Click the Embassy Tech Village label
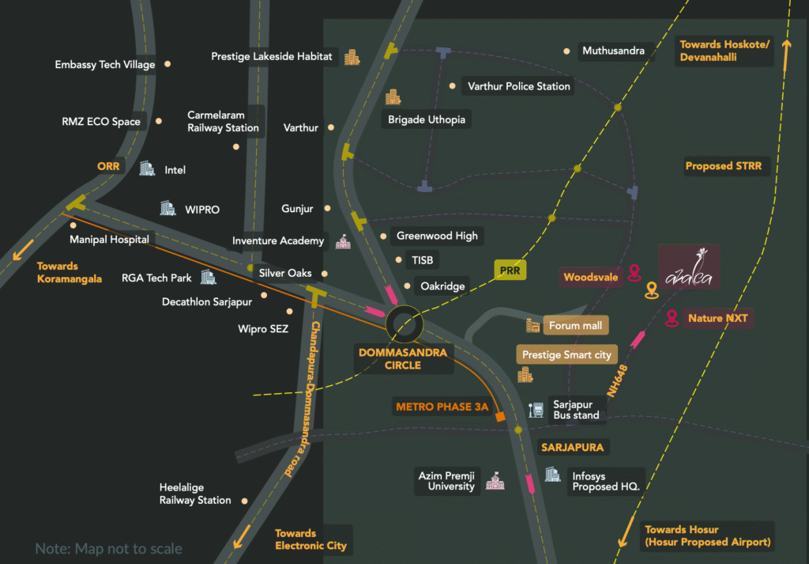105,65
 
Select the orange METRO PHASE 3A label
442,407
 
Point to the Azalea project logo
689,267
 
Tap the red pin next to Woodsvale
634,274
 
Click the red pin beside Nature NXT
672,318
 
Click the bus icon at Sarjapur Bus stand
536,410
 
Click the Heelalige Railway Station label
195,494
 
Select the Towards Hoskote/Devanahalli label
724,51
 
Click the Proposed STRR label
724,166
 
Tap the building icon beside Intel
147,168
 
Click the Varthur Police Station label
518,86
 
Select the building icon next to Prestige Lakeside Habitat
351,57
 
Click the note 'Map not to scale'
108,548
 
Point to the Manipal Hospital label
109,239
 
